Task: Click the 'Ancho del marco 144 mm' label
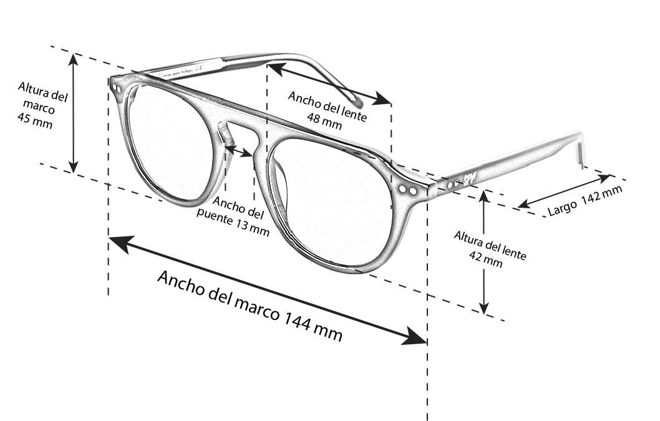250,306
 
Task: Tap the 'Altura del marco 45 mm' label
41,103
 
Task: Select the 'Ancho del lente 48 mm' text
327,109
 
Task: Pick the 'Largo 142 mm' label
585,201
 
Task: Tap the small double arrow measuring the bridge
240,150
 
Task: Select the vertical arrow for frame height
74,113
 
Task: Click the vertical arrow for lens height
484,252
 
